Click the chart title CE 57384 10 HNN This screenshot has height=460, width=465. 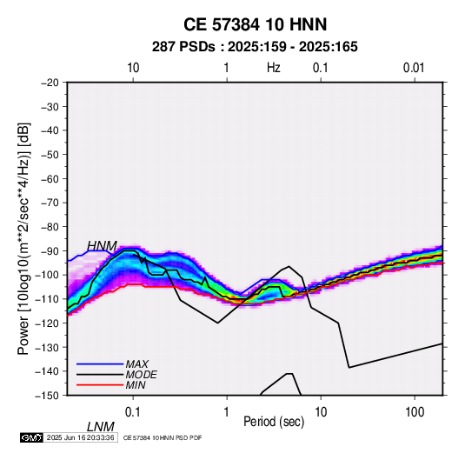click(x=255, y=24)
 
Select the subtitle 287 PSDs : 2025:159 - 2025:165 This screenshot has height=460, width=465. click(x=255, y=47)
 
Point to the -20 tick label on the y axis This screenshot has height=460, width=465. click(x=50, y=83)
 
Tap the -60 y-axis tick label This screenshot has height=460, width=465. click(x=50, y=178)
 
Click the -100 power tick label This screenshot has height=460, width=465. click(x=47, y=275)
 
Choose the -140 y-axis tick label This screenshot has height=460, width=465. click(x=47, y=371)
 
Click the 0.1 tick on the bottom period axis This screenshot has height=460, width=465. click(x=133, y=412)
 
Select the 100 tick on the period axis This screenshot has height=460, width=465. click(x=415, y=412)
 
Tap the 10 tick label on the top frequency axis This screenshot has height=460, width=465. click(x=133, y=68)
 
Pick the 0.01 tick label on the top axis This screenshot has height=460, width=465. click(x=414, y=68)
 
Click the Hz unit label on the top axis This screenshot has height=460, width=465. click(x=274, y=68)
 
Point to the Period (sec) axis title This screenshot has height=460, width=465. click(x=274, y=422)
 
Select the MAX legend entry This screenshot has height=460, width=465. click(x=136, y=363)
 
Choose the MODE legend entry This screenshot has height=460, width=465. click(x=141, y=375)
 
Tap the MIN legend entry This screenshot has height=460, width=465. click(x=136, y=385)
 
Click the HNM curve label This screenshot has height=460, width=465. click(x=102, y=246)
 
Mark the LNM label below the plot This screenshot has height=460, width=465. click(x=101, y=427)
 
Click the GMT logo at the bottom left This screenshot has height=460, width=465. click(x=32, y=437)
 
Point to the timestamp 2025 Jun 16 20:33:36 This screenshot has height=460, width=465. click(x=80, y=437)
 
